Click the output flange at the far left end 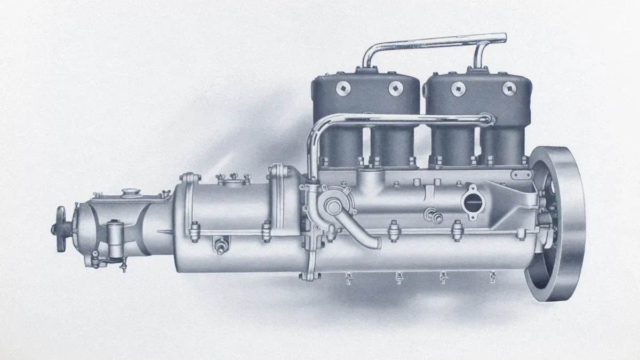click(60, 228)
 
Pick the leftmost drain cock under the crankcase click(349, 277)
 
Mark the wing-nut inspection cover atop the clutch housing click(230, 180)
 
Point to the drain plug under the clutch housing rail click(219, 246)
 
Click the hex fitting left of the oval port click(431, 215)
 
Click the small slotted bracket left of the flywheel click(520, 174)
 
